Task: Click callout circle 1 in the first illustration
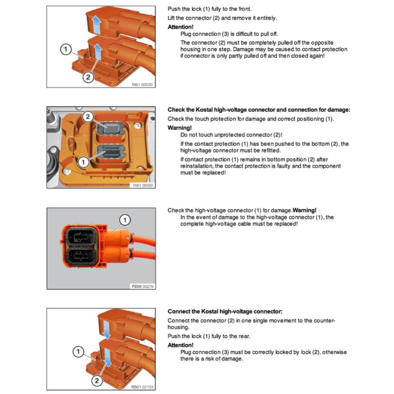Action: tap(66, 49)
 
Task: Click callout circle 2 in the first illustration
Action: tap(88, 77)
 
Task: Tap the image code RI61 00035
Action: tap(142, 84)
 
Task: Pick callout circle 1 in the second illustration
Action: tap(83, 162)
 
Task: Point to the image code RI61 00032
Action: tap(143, 185)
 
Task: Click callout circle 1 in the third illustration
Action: tap(125, 220)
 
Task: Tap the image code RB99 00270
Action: tap(142, 286)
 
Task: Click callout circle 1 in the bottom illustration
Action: tap(78, 352)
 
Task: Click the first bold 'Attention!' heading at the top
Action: tap(180, 27)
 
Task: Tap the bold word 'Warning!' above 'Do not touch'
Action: tap(179, 127)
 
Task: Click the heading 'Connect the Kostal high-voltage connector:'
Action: tap(225, 311)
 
